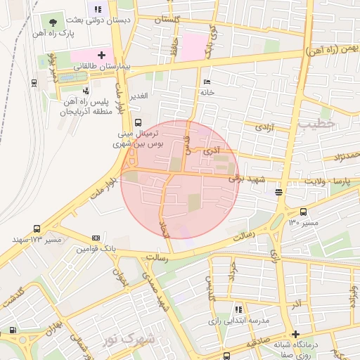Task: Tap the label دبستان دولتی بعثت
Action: tap(105, 21)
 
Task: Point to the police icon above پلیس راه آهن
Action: tap(86, 91)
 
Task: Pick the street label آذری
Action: tap(211, 150)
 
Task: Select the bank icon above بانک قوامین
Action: tap(96, 238)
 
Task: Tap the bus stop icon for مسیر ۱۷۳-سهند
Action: tap(37, 229)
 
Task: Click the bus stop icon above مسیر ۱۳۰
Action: tap(303, 212)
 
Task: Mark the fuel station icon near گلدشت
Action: tap(12, 330)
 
